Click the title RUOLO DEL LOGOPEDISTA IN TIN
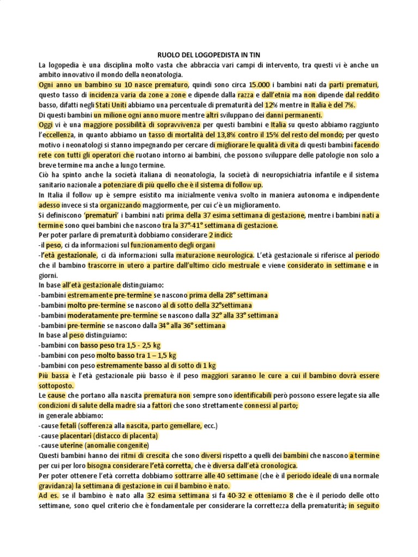point(208,55)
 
